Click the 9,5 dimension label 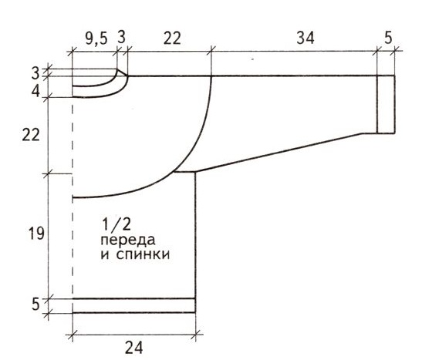[x=96, y=39]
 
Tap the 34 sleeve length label [x=306, y=38]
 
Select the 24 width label [x=133, y=348]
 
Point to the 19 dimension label [x=36, y=233]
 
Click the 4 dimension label [x=35, y=92]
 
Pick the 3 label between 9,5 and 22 [x=121, y=37]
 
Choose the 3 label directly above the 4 [x=35, y=73]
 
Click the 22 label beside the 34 [x=172, y=39]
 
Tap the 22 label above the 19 [x=31, y=135]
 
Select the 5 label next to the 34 [x=388, y=38]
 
